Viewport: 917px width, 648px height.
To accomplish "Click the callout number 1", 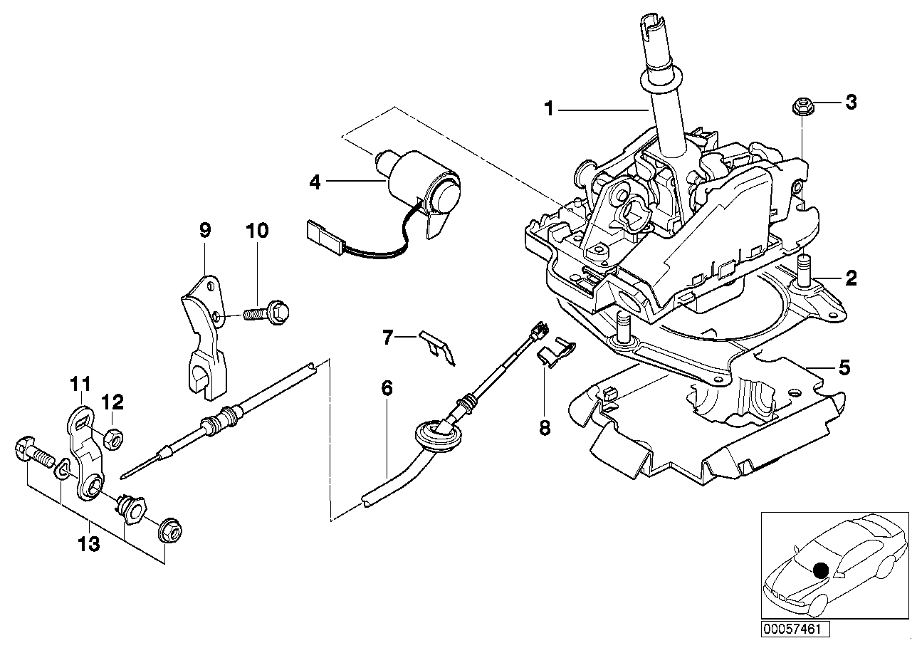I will tap(548, 109).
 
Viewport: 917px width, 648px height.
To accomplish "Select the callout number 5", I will tap(844, 368).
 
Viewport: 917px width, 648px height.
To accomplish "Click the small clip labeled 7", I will tap(437, 347).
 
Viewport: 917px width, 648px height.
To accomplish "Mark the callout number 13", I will tap(88, 546).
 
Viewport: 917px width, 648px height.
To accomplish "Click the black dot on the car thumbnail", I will tap(821, 570).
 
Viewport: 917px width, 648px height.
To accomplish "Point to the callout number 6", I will tap(387, 388).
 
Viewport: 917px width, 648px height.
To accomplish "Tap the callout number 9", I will tap(205, 231).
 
